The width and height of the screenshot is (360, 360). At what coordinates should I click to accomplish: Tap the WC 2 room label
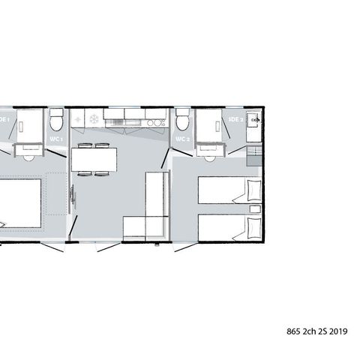[181, 139]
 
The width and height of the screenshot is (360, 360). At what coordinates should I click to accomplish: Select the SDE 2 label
[235, 118]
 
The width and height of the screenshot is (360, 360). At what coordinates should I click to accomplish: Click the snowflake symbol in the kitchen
[94, 119]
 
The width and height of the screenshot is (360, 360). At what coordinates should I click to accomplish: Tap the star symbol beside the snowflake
[79, 119]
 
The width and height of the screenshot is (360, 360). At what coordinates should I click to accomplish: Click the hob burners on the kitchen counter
[157, 120]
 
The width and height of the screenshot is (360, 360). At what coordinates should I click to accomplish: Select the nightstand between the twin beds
[255, 208]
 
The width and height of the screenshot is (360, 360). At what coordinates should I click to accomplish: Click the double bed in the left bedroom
[19, 202]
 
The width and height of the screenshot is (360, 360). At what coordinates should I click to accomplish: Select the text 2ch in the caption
[310, 331]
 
